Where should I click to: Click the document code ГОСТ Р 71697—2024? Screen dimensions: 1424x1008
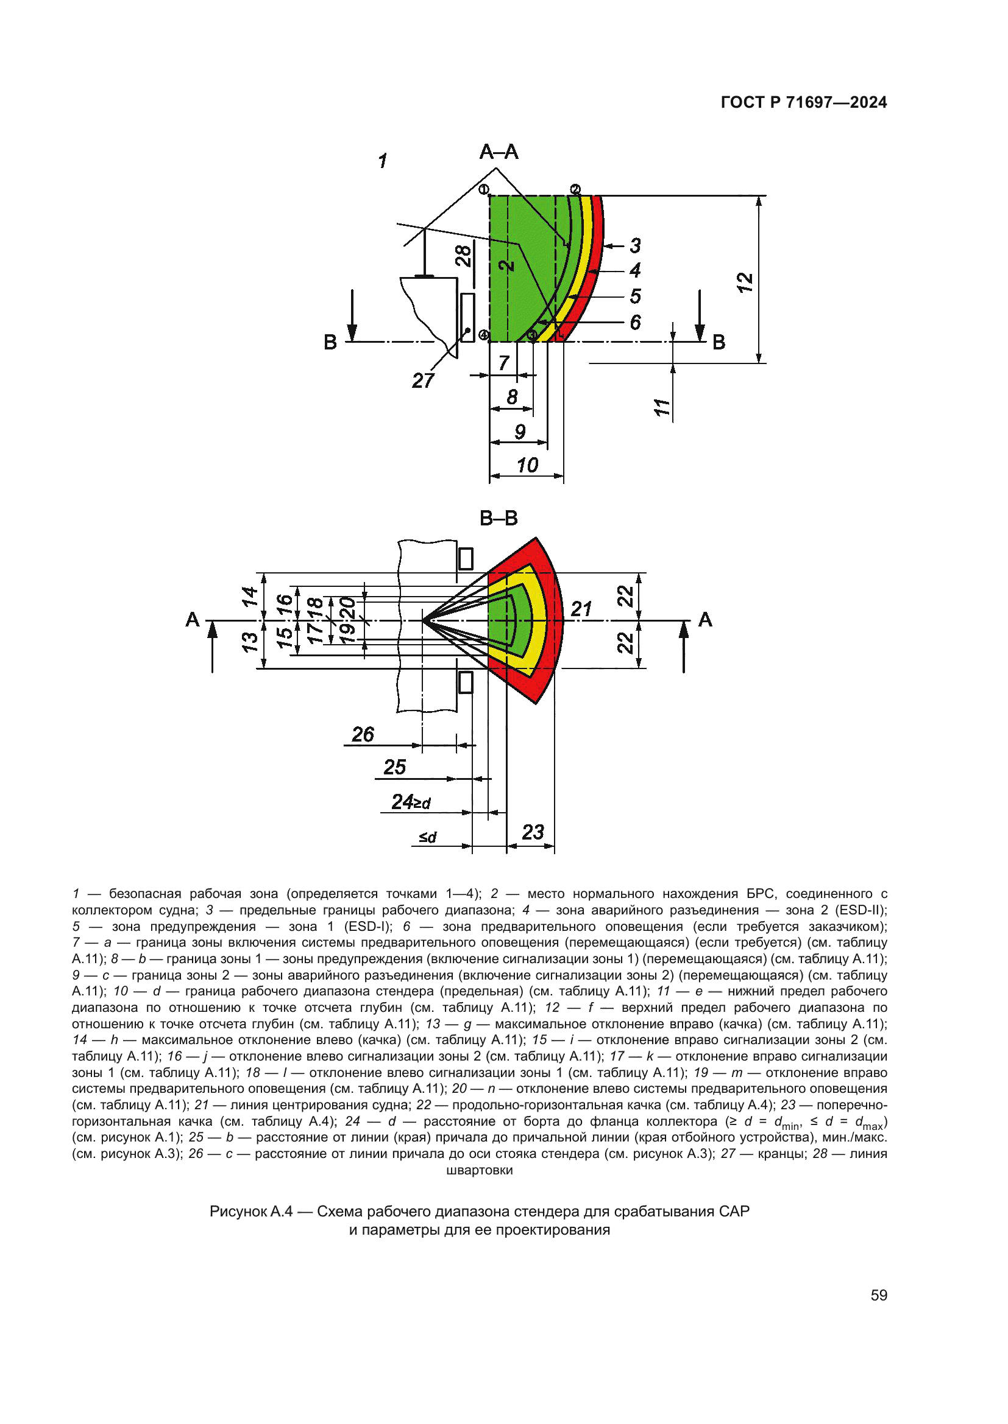803,102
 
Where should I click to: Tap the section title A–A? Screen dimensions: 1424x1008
499,152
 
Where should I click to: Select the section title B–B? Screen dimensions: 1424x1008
499,518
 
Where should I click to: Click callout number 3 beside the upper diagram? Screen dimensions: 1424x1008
635,245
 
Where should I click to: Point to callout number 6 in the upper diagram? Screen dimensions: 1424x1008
635,323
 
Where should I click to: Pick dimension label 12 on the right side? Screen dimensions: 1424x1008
745,282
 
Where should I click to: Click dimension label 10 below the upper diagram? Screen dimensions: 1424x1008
528,465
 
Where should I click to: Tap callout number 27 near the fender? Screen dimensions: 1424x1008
423,381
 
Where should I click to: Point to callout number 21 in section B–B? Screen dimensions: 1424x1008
581,609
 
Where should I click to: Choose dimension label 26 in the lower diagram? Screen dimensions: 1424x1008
363,734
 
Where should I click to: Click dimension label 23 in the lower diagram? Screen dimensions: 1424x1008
533,832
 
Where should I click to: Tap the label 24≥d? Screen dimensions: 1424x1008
410,802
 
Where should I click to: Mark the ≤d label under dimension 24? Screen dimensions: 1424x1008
428,837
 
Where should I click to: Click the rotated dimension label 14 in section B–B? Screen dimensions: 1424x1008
249,596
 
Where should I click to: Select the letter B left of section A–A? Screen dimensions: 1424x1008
330,342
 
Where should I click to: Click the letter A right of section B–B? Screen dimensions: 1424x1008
705,620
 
